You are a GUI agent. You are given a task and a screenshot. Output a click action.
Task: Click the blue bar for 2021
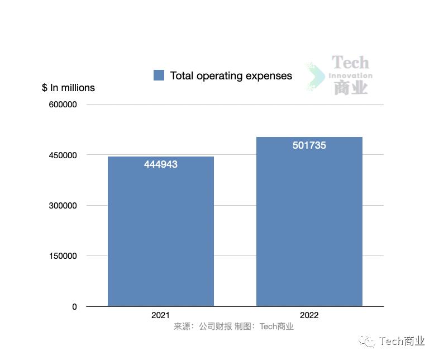pos(160,231)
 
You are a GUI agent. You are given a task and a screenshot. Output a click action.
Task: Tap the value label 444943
pos(160,164)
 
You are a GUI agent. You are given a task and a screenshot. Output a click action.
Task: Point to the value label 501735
pos(309,145)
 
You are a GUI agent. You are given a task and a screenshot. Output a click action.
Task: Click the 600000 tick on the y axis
pos(63,105)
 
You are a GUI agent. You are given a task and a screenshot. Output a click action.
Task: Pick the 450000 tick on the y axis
pos(63,155)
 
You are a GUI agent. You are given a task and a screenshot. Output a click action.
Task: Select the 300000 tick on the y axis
pos(63,206)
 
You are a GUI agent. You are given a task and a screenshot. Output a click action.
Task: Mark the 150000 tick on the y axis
pos(63,256)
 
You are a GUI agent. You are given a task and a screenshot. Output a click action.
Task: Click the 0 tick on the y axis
pos(74,306)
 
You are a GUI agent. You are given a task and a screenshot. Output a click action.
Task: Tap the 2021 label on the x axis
pos(160,315)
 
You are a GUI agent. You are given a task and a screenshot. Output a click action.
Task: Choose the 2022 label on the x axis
pos(309,315)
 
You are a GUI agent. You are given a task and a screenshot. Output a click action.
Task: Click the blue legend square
pos(159,75)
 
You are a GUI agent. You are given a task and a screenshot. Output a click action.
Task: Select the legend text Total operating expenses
pos(231,75)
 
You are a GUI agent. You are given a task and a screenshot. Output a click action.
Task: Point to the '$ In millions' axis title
pos(68,88)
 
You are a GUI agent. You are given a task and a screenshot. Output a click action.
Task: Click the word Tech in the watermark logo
pos(350,63)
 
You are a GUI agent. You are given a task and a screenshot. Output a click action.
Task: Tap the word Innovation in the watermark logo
pos(350,75)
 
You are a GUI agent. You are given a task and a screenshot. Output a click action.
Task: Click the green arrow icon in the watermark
pos(317,77)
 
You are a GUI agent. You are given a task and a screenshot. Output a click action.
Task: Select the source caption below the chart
pos(233,326)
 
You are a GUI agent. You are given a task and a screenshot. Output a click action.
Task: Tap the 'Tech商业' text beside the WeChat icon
pos(402,342)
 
